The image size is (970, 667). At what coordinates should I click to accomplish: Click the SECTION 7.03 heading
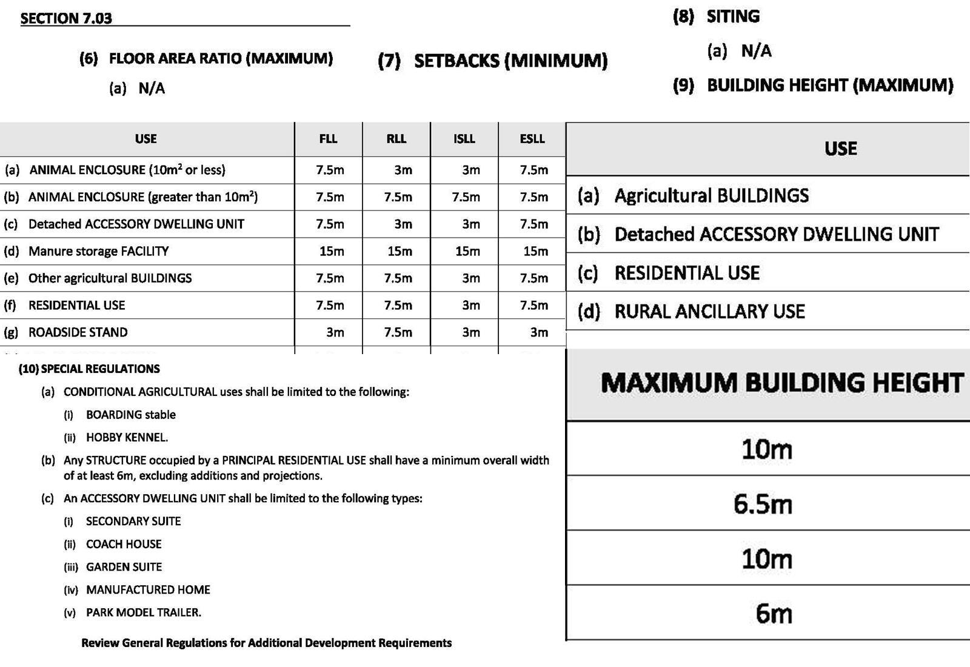tap(66, 18)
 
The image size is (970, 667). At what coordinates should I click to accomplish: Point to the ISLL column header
tap(464, 139)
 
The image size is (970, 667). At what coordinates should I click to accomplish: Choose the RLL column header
tap(396, 139)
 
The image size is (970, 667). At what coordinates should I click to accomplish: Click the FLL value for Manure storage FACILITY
tap(332, 251)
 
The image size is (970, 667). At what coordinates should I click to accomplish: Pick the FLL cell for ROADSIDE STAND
tap(335, 332)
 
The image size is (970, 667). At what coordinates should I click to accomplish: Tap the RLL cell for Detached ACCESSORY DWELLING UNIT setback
tap(403, 224)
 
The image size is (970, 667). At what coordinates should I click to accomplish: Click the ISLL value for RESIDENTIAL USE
tap(471, 306)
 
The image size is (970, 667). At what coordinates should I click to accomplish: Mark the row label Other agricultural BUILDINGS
tap(110, 278)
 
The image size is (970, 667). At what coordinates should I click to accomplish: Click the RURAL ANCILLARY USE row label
tap(709, 312)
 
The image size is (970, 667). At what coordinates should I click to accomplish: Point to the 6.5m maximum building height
tap(763, 504)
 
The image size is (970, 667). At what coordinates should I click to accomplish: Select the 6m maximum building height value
tap(774, 614)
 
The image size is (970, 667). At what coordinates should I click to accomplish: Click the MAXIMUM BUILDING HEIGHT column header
tap(781, 383)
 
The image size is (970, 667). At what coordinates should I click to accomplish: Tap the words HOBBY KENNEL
tap(127, 437)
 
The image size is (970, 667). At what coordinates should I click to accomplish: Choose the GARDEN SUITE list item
tap(124, 567)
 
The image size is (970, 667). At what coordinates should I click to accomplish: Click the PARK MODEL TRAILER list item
tap(143, 612)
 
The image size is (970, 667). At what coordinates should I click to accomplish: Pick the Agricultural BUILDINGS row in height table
tap(711, 195)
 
